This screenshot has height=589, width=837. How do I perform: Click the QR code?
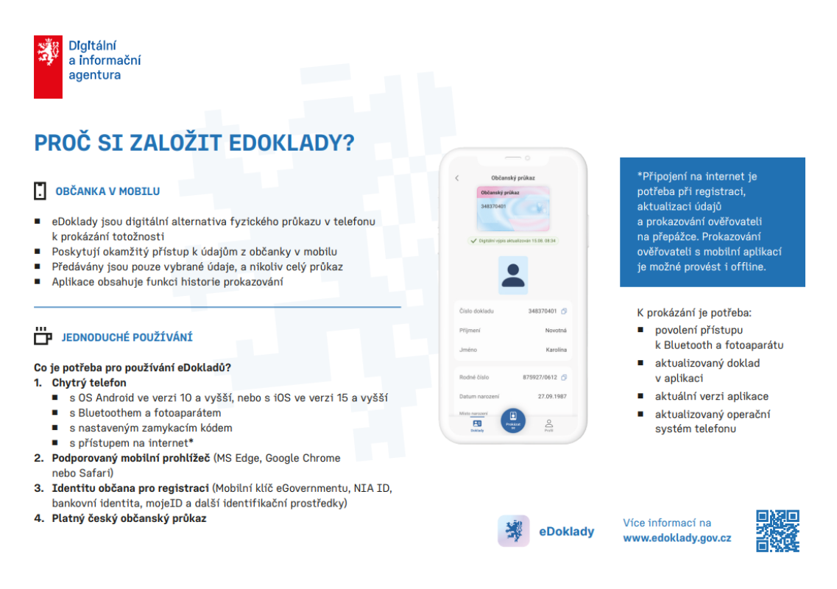click(x=777, y=531)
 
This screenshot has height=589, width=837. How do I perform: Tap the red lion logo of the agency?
click(x=48, y=66)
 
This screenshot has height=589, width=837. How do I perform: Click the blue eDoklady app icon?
click(x=513, y=530)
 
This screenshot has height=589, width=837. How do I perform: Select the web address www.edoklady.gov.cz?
click(x=677, y=538)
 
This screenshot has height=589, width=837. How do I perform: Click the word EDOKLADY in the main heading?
click(x=286, y=144)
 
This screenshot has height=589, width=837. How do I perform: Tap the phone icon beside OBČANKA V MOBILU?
click(x=40, y=191)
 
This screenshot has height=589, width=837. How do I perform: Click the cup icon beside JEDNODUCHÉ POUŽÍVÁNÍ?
click(x=43, y=336)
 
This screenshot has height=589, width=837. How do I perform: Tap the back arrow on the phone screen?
click(x=456, y=178)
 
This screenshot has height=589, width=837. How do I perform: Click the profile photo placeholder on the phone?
click(x=512, y=275)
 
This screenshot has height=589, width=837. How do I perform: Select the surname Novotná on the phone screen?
click(x=556, y=331)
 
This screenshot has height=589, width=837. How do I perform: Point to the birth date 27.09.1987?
click(x=551, y=396)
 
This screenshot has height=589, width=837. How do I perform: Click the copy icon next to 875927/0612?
click(x=564, y=378)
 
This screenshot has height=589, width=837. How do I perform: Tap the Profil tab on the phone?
click(x=548, y=425)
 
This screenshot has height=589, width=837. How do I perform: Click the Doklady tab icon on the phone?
click(x=477, y=423)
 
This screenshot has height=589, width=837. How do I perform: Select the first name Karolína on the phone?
click(x=556, y=350)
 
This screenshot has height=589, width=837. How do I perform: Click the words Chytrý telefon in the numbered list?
click(x=88, y=383)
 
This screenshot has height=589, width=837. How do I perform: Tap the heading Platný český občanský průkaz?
click(x=129, y=518)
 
